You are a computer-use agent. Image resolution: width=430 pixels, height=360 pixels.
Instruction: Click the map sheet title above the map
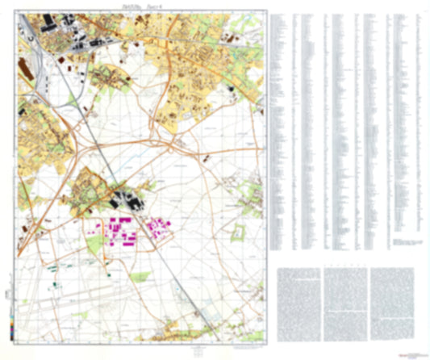point(140,9)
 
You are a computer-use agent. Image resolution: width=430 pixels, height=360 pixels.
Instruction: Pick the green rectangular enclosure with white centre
point(237,235)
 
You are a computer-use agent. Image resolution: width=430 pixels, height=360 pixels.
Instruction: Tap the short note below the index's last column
point(407,241)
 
